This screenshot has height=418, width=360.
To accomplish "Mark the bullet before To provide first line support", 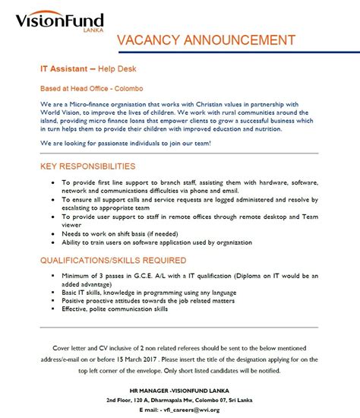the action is coord(50,184).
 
